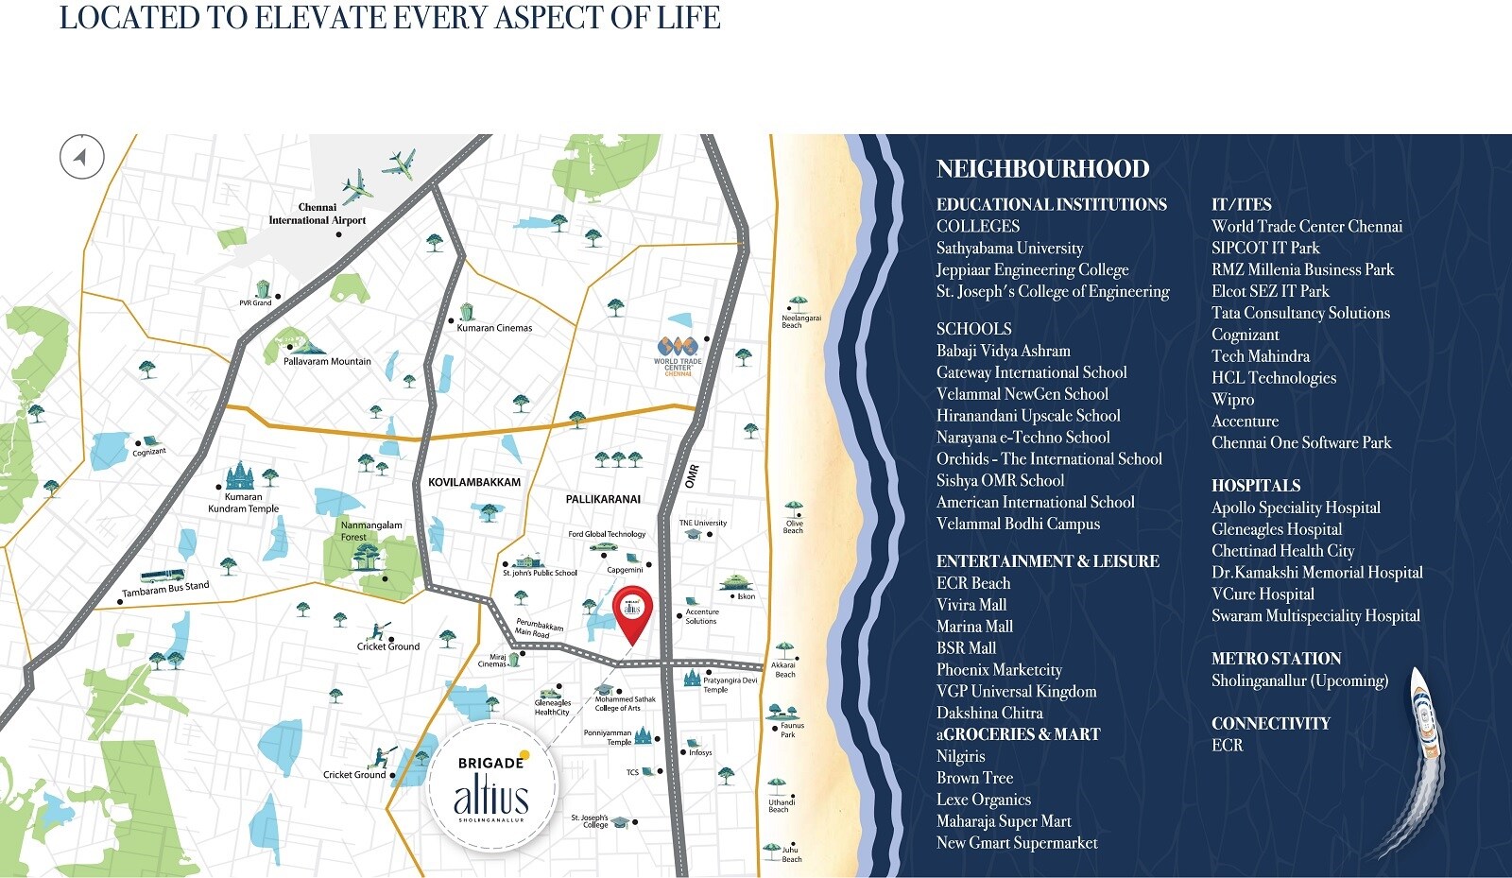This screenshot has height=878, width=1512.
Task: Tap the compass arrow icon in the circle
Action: (82, 157)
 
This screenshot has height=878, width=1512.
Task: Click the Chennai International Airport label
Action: (318, 214)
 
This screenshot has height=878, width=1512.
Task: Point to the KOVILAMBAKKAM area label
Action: (474, 482)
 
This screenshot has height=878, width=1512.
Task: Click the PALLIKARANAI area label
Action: (603, 499)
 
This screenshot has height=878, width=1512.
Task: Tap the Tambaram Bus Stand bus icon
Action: (162, 576)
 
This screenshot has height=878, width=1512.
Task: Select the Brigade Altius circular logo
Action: (491, 787)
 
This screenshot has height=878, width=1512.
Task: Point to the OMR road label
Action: (693, 475)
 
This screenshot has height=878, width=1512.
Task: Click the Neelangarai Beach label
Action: (800, 321)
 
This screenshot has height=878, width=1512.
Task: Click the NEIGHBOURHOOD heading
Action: (1042, 169)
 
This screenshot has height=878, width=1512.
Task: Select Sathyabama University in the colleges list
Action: (1009, 249)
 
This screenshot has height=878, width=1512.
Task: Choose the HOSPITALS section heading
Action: (1256, 486)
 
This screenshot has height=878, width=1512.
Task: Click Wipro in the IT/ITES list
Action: (1232, 400)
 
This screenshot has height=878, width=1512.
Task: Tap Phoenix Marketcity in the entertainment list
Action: (999, 670)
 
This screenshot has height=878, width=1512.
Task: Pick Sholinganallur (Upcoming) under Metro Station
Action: (1299, 680)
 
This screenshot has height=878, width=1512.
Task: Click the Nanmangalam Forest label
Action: (370, 530)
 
